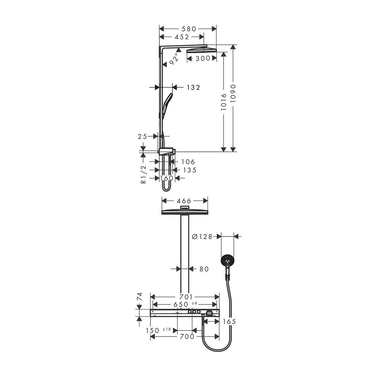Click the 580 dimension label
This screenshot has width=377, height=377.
coord(189,29)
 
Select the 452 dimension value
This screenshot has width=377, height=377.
coord(182,37)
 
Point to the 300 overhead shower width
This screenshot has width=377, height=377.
coord(203,58)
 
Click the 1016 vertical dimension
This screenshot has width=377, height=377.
coord(224,102)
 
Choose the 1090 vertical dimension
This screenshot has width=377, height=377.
coord(233,93)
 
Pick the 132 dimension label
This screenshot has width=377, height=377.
coord(193,88)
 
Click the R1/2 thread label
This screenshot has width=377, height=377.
coord(144,174)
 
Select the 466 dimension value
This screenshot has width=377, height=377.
coord(184,201)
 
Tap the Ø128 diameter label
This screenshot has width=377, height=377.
coord(202,237)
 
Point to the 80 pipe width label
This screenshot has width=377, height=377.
coord(204,269)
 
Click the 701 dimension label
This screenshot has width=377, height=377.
coord(186,297)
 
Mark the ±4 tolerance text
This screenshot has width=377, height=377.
coord(194,303)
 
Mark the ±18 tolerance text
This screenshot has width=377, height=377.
coord(167,329)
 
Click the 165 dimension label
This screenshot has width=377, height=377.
coord(229,321)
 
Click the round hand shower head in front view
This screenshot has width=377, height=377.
coord(227,261)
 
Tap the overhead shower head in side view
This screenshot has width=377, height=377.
coord(201,51)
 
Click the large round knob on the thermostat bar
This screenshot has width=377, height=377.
coord(210,313)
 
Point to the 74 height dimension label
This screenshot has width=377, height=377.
coord(140,297)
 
